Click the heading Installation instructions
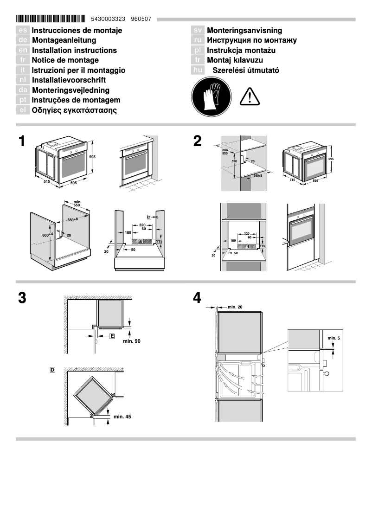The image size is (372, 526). coord(74,50)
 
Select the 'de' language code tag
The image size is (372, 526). coord(23,40)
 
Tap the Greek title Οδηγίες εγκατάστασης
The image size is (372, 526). coord(74,110)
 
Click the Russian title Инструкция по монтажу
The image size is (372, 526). coord(252,40)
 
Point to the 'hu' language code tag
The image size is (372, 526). coord(198,71)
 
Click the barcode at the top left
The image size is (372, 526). coord(51,19)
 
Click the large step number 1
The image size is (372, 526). coord(21,141)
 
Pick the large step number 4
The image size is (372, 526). coord(197,298)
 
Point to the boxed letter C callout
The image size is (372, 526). coord(149,217)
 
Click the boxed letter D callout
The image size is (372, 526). coord(52,370)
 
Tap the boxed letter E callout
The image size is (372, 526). coord(112,335)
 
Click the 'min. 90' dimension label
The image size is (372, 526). coord(131,341)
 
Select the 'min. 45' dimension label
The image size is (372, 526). coord(122,417)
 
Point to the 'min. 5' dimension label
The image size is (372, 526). coord(334,338)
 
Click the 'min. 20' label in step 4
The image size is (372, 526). coord(235,307)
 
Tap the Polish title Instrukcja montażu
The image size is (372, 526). coord(241,50)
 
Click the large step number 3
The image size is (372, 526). coord(21,298)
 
